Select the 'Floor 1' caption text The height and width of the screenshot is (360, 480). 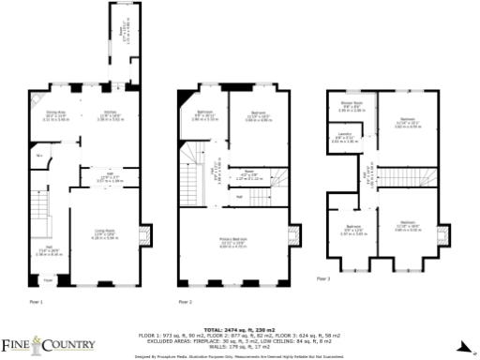pos(36,302)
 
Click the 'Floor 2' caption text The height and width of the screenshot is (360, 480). pos(184,302)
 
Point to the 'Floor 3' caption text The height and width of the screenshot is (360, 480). pos(323,279)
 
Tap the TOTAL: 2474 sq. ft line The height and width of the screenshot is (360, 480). pos(240,330)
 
